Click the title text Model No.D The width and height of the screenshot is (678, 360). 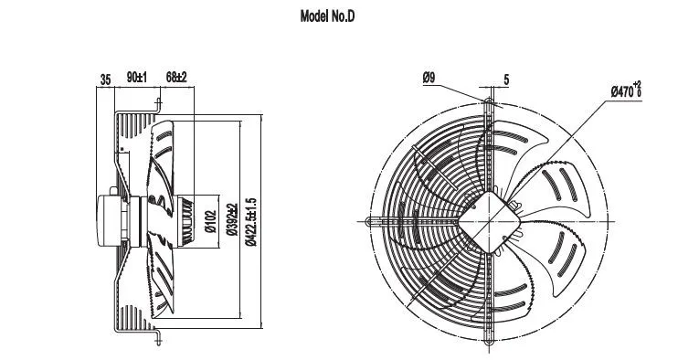click(327, 16)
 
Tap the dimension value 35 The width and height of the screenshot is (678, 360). click(105, 79)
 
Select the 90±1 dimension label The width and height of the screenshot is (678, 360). click(137, 78)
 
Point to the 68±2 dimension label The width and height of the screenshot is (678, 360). click(176, 78)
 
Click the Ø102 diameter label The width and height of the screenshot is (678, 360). click(210, 221)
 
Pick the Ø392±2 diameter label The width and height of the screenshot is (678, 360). click(232, 219)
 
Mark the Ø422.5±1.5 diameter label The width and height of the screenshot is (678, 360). click(250, 222)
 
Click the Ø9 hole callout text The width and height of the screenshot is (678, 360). click(429, 78)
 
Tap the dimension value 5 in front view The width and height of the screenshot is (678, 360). click(506, 79)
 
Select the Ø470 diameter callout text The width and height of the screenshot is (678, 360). click(626, 90)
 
